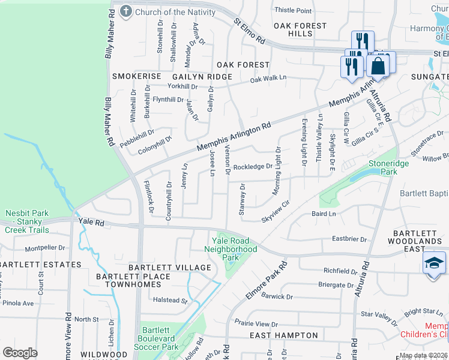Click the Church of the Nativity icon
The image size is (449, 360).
click(126, 11)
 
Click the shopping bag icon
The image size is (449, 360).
click(379, 67)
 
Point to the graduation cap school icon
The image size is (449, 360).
click(434, 264)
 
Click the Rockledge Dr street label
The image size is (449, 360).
click(253, 167)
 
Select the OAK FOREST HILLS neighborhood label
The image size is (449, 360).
click(300, 30)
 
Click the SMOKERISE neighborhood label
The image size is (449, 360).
click(137, 77)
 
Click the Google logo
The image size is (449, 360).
click(20, 353)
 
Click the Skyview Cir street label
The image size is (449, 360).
click(276, 212)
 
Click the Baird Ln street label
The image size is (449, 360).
click(324, 214)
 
